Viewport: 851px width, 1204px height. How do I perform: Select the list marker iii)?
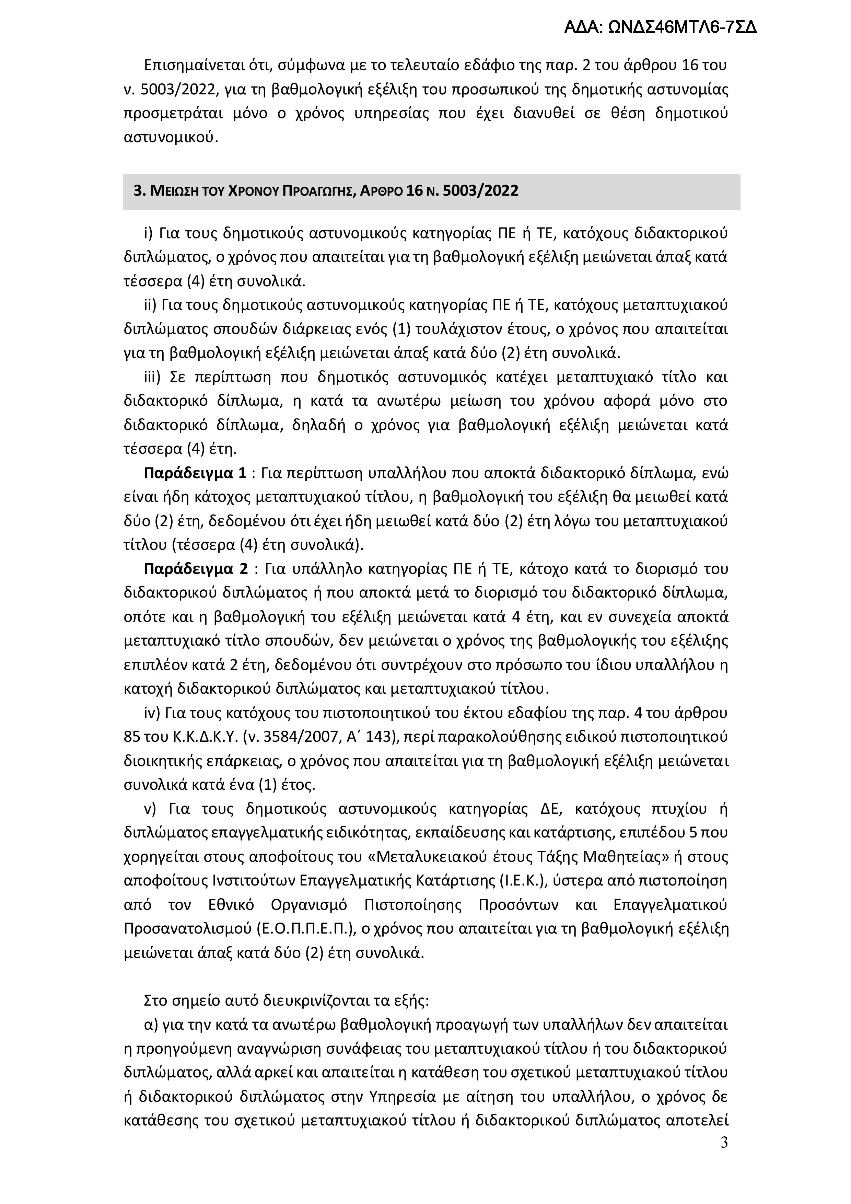click(153, 378)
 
